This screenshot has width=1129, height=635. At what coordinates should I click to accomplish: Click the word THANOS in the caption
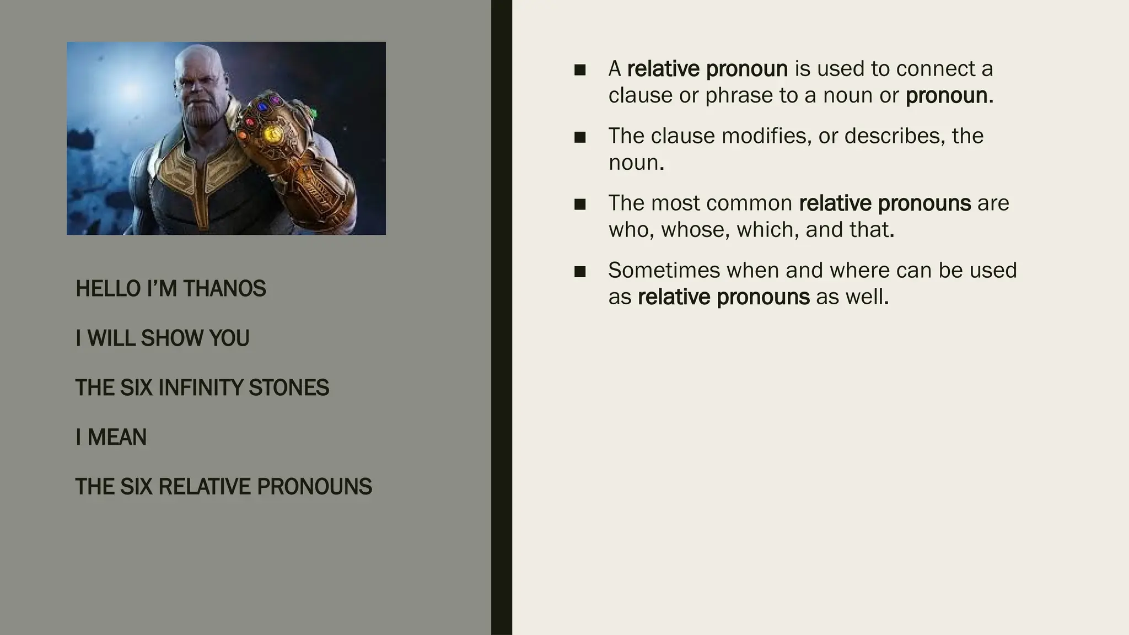224,289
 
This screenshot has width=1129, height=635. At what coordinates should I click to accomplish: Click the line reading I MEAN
111,438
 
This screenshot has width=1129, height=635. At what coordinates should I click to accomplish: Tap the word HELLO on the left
109,289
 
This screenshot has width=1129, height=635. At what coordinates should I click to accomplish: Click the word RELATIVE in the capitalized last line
204,487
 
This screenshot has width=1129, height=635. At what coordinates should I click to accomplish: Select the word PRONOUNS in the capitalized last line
314,487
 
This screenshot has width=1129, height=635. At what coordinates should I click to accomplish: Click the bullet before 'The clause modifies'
579,137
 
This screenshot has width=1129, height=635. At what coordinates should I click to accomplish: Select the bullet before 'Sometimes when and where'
579,271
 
